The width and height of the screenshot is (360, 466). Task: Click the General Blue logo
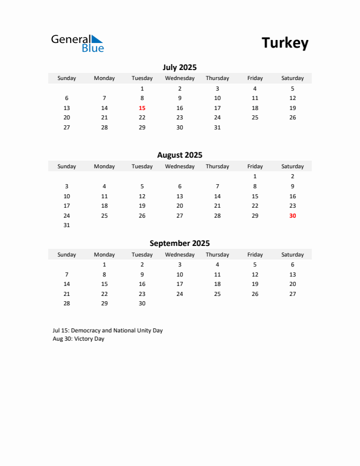(77, 43)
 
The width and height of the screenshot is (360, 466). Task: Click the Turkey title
(285, 43)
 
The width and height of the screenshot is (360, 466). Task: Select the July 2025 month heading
(179, 67)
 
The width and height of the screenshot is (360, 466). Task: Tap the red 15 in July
(142, 108)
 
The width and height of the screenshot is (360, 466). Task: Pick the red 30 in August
(292, 215)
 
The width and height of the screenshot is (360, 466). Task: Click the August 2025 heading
(179, 155)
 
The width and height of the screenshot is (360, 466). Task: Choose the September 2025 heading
(179, 243)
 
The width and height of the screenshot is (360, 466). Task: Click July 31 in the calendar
(217, 127)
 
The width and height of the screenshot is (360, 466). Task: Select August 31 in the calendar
(66, 225)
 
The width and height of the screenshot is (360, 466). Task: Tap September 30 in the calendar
(142, 304)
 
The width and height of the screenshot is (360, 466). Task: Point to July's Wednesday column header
(179, 78)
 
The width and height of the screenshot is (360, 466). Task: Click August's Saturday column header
(292, 167)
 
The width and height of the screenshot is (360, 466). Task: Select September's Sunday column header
(66, 255)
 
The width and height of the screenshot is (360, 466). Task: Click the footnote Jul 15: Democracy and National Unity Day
(108, 331)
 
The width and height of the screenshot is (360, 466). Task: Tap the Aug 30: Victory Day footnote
(78, 339)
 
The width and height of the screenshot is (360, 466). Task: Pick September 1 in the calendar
(104, 265)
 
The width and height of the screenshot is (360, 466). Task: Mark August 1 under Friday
(255, 177)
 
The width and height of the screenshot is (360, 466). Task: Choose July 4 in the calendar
(255, 88)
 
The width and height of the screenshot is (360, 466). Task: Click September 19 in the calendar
(255, 284)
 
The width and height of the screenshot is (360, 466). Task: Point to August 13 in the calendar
(179, 196)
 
